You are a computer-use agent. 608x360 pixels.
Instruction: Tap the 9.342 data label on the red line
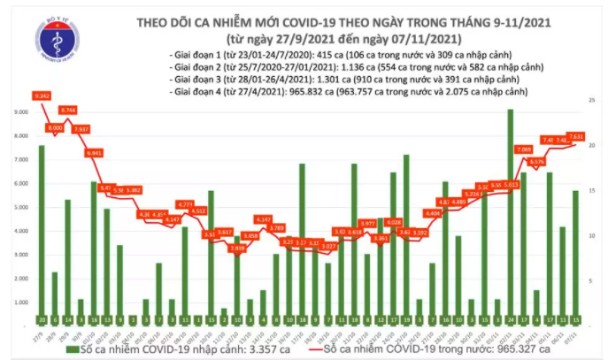42,95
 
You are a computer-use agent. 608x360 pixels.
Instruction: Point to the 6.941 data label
94,153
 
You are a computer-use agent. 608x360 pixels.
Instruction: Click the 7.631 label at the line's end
575,137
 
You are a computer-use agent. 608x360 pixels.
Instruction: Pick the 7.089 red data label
523,149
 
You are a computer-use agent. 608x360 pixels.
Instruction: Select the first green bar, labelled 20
42,230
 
